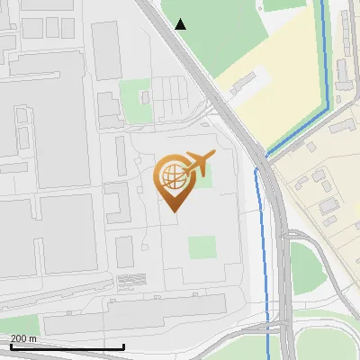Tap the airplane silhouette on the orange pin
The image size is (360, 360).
coord(197,163)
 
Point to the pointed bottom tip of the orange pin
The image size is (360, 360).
coord(174,211)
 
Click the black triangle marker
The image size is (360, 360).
coord(181,23)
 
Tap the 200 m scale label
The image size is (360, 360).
coord(23,338)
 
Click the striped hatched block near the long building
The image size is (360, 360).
coord(131,280)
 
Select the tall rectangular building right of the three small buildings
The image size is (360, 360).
coord(106,49)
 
